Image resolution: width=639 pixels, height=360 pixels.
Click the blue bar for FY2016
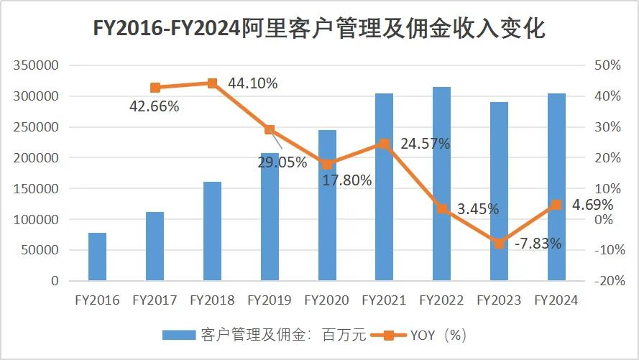(x=97, y=257)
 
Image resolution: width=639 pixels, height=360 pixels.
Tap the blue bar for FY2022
(x=441, y=184)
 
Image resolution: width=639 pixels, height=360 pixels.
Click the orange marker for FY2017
(x=155, y=88)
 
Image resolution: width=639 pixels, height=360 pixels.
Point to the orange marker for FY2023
(x=499, y=244)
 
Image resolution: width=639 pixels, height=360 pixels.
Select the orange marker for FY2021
(x=385, y=144)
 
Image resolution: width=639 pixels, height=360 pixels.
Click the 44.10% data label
(x=252, y=83)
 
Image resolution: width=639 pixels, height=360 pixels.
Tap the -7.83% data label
(x=538, y=244)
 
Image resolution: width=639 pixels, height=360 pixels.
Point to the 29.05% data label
(x=282, y=162)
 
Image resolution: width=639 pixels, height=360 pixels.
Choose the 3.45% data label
(x=478, y=209)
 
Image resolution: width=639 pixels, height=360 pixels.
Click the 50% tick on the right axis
(x=607, y=65)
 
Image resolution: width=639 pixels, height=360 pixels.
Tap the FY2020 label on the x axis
(x=327, y=300)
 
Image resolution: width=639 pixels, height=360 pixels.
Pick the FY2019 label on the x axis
(x=270, y=300)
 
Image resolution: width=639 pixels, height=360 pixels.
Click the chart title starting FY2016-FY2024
(x=319, y=29)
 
